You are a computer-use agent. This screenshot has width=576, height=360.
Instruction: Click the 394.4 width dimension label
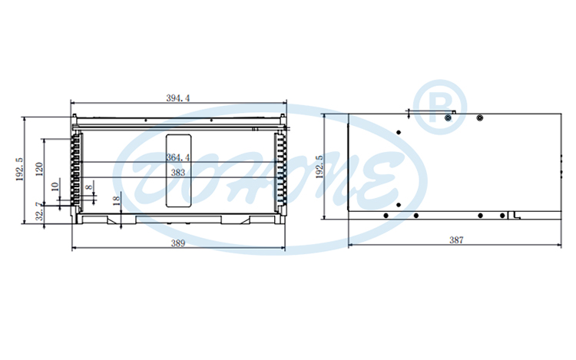178,97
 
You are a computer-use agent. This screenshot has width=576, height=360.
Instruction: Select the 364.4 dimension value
177,158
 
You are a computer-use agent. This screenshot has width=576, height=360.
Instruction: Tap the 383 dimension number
177,173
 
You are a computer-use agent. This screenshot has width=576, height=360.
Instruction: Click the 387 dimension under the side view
456,240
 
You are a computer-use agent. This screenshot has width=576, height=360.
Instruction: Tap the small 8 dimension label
89,187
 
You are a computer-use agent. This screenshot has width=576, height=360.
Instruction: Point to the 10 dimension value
55,187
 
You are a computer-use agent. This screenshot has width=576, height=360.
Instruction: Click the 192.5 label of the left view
19,170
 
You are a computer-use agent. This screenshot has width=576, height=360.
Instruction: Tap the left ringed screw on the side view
449,118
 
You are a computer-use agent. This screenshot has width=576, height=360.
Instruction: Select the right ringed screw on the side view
479,118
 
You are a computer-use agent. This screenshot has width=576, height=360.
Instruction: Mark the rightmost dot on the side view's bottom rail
507,215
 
